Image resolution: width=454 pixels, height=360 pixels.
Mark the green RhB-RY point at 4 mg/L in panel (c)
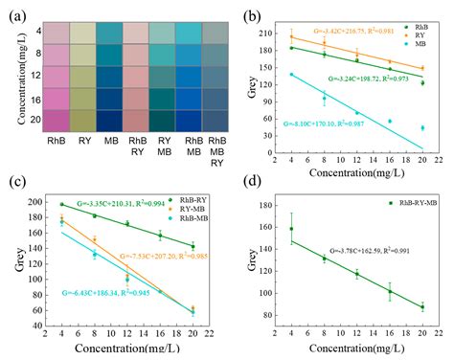(62, 204)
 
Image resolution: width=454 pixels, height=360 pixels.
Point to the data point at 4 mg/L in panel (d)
(291, 229)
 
